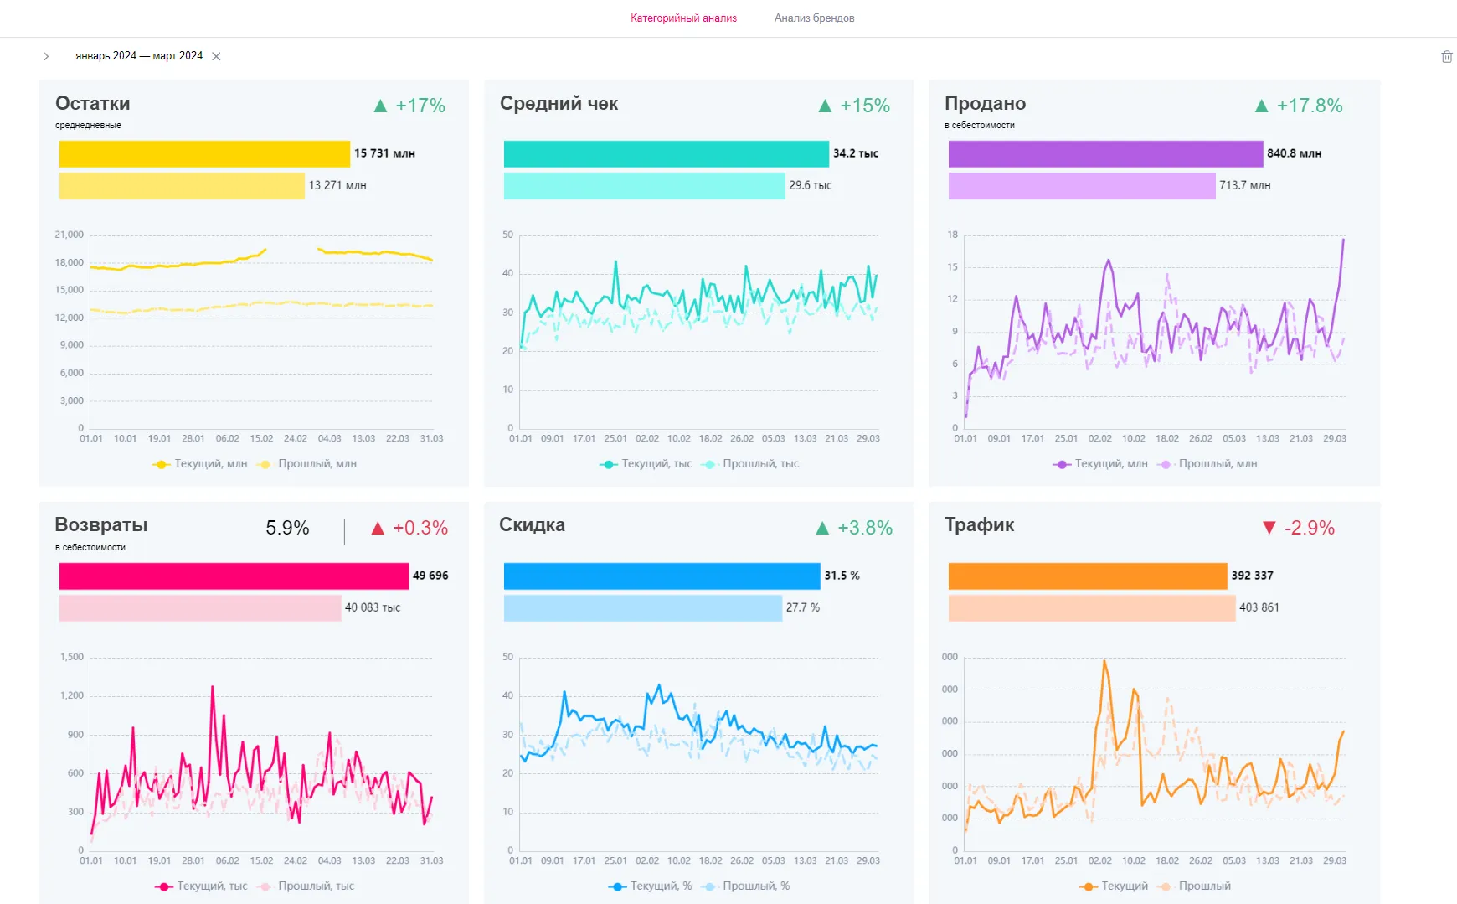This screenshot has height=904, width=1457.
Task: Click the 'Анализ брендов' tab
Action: click(x=814, y=18)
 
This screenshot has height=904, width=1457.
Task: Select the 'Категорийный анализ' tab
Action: click(x=683, y=18)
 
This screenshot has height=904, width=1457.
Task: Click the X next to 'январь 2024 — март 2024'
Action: click(x=216, y=56)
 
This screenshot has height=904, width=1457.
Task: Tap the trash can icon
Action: click(x=1446, y=56)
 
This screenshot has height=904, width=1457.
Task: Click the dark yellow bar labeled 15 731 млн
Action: click(x=204, y=153)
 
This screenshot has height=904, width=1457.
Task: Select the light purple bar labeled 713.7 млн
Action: click(x=1081, y=185)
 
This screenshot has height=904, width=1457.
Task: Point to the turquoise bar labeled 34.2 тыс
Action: click(x=666, y=153)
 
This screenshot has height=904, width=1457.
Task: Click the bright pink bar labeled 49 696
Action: click(x=234, y=576)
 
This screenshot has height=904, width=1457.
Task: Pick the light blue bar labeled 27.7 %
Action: click(x=642, y=607)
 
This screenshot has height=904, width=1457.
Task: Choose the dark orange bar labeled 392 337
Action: click(x=1087, y=576)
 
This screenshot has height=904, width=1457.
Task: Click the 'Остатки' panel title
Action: click(x=93, y=103)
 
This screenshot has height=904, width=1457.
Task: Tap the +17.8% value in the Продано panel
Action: click(x=1309, y=106)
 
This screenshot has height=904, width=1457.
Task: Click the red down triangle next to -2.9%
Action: click(x=1269, y=527)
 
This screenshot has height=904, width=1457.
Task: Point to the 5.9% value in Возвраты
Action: click(x=287, y=528)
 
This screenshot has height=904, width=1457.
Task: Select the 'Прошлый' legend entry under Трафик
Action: click(x=1204, y=886)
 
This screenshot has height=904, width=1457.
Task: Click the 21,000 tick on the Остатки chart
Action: click(x=70, y=235)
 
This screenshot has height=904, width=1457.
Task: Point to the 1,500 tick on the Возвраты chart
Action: click(x=72, y=657)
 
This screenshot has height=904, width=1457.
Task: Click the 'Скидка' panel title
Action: click(x=532, y=524)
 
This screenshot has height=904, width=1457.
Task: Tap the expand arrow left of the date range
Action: click(x=46, y=56)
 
